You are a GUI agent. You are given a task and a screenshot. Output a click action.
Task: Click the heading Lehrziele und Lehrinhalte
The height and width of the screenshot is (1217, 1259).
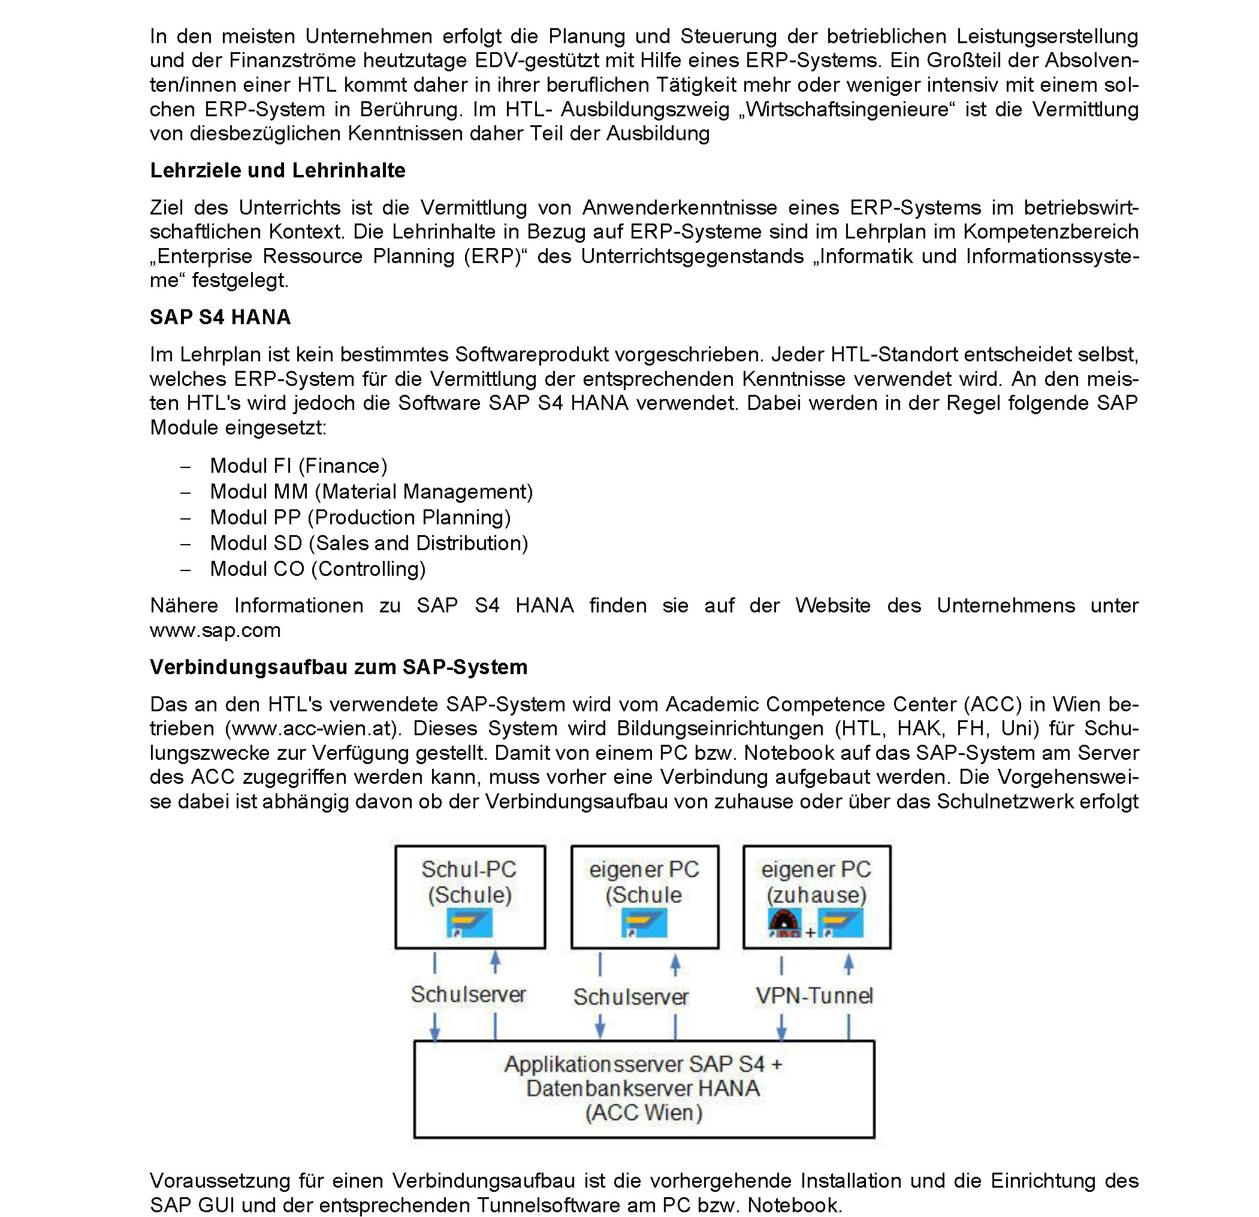tap(277, 170)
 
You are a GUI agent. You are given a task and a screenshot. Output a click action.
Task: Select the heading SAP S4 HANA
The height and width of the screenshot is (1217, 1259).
tap(221, 317)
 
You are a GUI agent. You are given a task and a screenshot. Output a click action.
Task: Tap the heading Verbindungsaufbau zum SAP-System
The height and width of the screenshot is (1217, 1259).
tap(339, 668)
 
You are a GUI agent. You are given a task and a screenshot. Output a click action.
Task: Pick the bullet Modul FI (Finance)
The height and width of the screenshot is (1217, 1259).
tap(298, 466)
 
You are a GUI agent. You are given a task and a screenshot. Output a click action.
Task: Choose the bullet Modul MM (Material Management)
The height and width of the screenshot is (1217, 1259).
tap(372, 491)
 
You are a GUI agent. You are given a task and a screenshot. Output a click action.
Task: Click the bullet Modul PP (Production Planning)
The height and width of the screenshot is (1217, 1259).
tap(360, 517)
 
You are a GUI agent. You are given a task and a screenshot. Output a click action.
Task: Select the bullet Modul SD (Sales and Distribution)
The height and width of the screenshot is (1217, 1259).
tap(369, 543)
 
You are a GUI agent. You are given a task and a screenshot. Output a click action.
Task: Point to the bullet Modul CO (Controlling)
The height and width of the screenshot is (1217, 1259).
tap(318, 569)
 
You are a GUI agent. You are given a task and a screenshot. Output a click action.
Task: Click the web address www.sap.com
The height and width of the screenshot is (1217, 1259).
tap(215, 630)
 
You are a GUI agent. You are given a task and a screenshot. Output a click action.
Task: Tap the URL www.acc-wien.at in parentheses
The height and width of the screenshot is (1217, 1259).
tap(312, 728)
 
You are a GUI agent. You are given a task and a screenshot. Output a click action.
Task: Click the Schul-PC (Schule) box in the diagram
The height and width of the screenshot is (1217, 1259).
tap(470, 896)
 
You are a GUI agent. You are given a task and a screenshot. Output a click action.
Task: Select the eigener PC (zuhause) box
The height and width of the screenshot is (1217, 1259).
tap(816, 896)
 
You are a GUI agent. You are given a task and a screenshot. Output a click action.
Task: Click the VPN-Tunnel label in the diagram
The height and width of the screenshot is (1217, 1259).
tap(814, 995)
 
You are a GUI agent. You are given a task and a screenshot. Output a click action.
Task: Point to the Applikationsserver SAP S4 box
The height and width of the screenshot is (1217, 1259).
tap(644, 1089)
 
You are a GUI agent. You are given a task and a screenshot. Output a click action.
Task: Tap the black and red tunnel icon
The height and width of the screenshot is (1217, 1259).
tap(784, 923)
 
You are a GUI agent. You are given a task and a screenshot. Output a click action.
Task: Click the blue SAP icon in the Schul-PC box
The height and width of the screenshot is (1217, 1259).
tap(470, 923)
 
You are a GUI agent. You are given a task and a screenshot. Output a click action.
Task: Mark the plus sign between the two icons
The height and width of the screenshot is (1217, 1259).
tap(810, 932)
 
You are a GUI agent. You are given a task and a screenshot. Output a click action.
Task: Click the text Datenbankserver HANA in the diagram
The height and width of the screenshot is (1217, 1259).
tap(643, 1088)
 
